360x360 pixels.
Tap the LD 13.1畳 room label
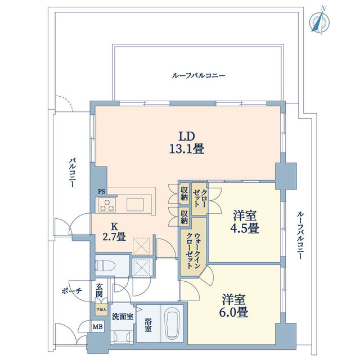[x=187, y=143]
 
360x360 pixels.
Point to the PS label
[x=101, y=192]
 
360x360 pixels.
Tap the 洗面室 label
[x=122, y=317]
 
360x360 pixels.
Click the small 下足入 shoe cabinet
[x=100, y=309]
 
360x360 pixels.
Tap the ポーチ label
[x=71, y=291]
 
